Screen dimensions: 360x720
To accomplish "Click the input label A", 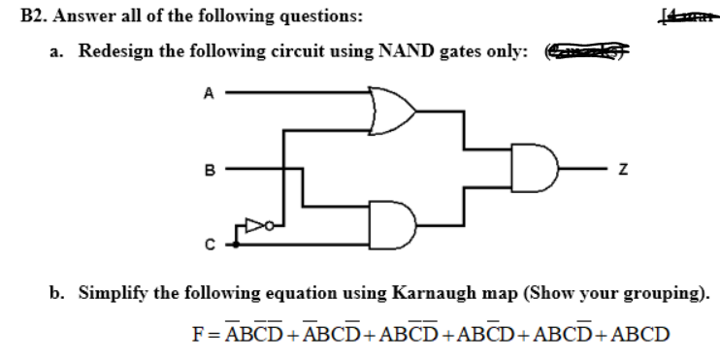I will (206, 93).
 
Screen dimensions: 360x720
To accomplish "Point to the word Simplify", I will (114, 291).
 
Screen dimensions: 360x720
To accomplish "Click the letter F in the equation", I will (198, 336).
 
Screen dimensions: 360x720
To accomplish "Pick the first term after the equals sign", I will (251, 336).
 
